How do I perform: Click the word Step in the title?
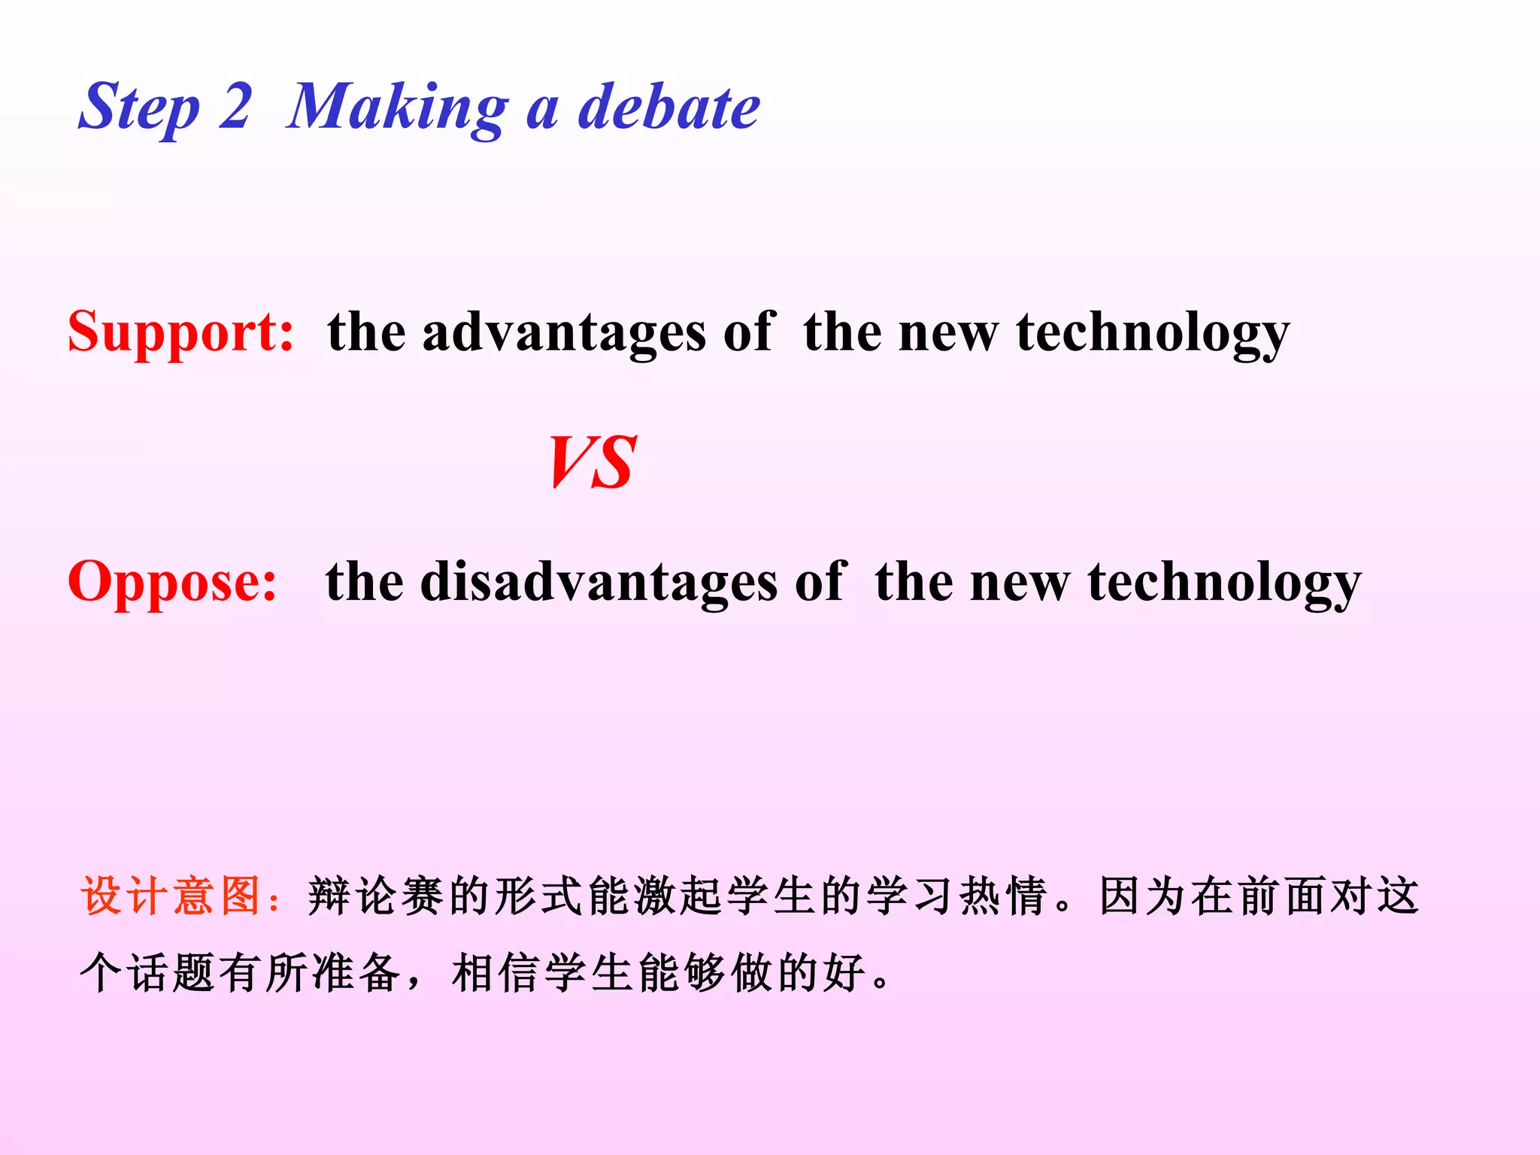coord(139,108)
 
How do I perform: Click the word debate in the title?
coord(668,108)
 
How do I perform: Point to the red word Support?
coord(180,332)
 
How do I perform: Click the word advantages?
coord(564,332)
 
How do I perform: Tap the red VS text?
coord(593,462)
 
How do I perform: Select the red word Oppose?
coord(172,581)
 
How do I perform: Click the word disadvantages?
coord(599,581)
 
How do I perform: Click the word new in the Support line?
coord(949,332)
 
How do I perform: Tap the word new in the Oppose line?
coord(1020,581)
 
